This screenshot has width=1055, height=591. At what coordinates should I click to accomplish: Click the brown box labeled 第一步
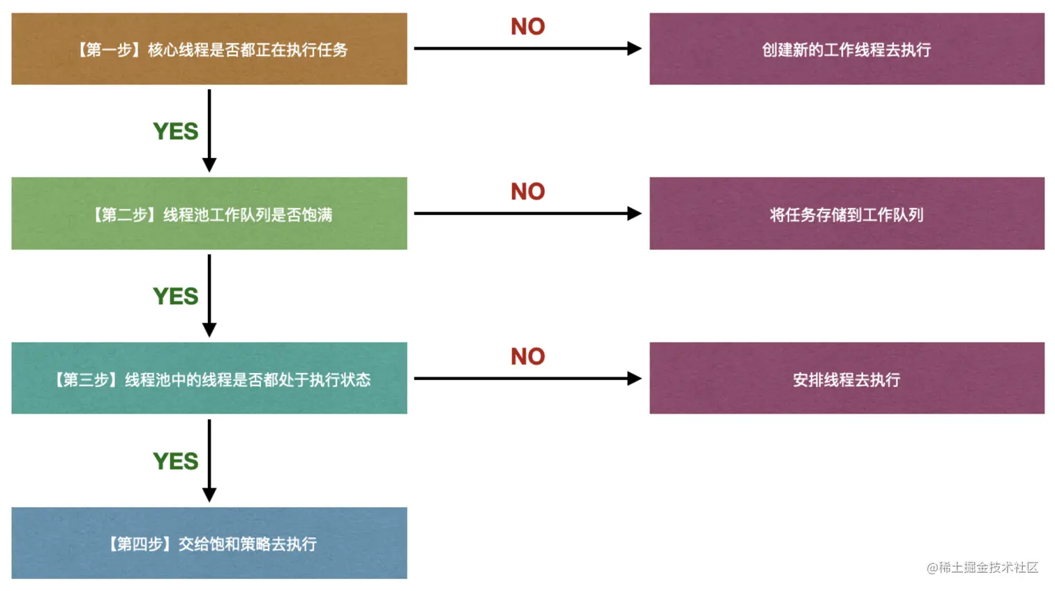tap(209, 49)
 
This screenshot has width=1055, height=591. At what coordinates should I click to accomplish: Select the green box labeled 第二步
tap(209, 214)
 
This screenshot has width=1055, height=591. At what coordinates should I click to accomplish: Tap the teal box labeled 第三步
tap(209, 379)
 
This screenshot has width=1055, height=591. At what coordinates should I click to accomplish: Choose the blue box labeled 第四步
tap(209, 543)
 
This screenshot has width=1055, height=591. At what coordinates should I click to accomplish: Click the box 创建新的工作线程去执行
tap(846, 49)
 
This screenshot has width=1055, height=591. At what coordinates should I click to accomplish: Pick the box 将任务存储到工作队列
tap(846, 214)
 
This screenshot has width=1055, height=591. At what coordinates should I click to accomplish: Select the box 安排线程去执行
tap(846, 379)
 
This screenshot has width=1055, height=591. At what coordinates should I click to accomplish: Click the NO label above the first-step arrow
tap(527, 27)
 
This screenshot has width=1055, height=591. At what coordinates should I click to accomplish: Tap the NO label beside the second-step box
tap(527, 191)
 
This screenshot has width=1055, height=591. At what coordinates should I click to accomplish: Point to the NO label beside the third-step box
tap(527, 356)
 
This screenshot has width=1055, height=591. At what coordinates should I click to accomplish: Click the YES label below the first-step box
tap(176, 131)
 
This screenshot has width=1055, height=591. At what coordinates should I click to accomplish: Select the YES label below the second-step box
tap(176, 296)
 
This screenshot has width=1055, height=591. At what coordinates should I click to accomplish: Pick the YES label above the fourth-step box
tap(176, 461)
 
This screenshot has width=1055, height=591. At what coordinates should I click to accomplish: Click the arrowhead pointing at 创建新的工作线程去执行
tap(634, 49)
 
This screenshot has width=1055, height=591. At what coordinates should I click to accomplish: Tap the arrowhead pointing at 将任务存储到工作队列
tap(634, 214)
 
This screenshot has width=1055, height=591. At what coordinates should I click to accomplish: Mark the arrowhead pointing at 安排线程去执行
tap(634, 379)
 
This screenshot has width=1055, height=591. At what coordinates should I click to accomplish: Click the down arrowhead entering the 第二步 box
tap(209, 165)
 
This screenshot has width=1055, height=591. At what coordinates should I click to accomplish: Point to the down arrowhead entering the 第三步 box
tap(209, 330)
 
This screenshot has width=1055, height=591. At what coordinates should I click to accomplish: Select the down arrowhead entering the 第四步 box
tap(209, 495)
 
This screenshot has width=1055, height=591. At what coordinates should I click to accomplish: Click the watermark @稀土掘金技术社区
tap(982, 567)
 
